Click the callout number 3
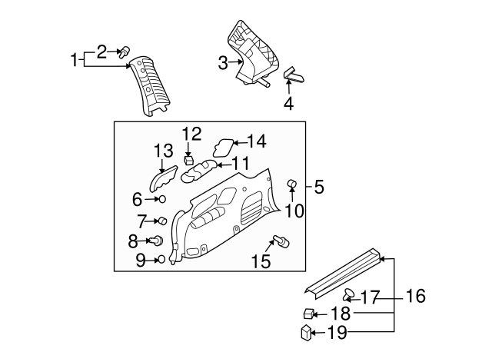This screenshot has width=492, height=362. (x=223, y=63)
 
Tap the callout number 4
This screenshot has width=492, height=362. (x=289, y=102)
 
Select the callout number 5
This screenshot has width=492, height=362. (x=319, y=185)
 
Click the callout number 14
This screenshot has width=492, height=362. (x=256, y=141)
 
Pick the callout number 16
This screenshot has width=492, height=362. (x=415, y=296)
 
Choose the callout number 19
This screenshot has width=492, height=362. (x=337, y=333)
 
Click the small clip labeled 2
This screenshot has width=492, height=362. (x=122, y=51)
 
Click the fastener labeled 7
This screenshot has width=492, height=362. (x=162, y=221)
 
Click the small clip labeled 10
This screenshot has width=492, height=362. (x=292, y=183)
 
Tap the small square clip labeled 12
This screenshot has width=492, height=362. (x=189, y=160)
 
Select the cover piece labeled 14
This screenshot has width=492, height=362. (x=224, y=144)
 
